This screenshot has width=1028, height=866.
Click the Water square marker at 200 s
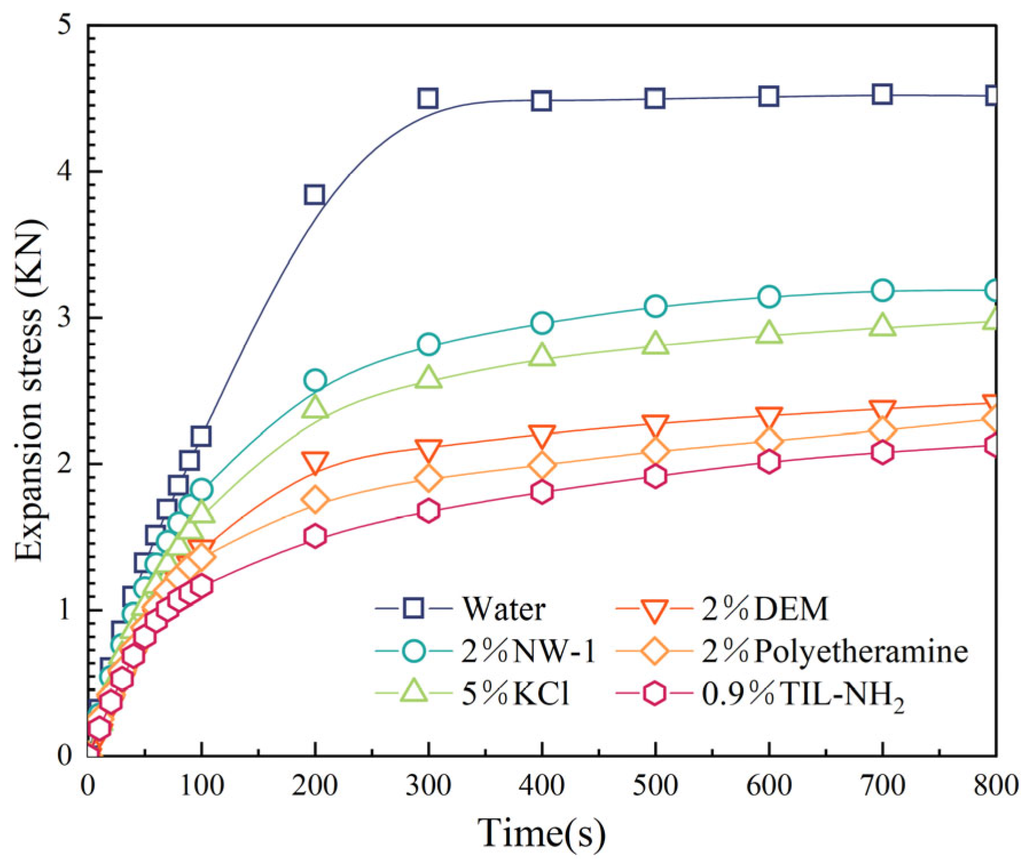[314, 195]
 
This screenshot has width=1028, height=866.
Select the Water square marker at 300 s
[428, 99]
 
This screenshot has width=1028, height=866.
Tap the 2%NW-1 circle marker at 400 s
[542, 323]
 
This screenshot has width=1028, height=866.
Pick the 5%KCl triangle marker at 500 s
[655, 344]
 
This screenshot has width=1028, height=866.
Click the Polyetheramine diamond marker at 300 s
[428, 478]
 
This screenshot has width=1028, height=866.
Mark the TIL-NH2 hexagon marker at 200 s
[315, 537]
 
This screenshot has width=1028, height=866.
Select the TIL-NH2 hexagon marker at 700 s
[882, 452]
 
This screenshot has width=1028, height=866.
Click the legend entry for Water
[503, 608]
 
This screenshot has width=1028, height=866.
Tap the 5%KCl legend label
[515, 694]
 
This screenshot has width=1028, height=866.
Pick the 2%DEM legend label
[765, 608]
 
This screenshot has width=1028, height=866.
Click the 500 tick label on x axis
[655, 785]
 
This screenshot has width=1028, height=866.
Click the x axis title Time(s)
[541, 832]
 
